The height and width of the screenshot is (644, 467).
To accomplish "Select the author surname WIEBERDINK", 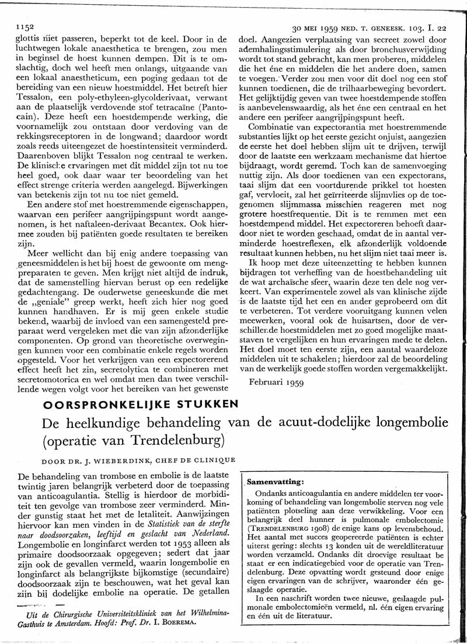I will (x=86, y=461).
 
